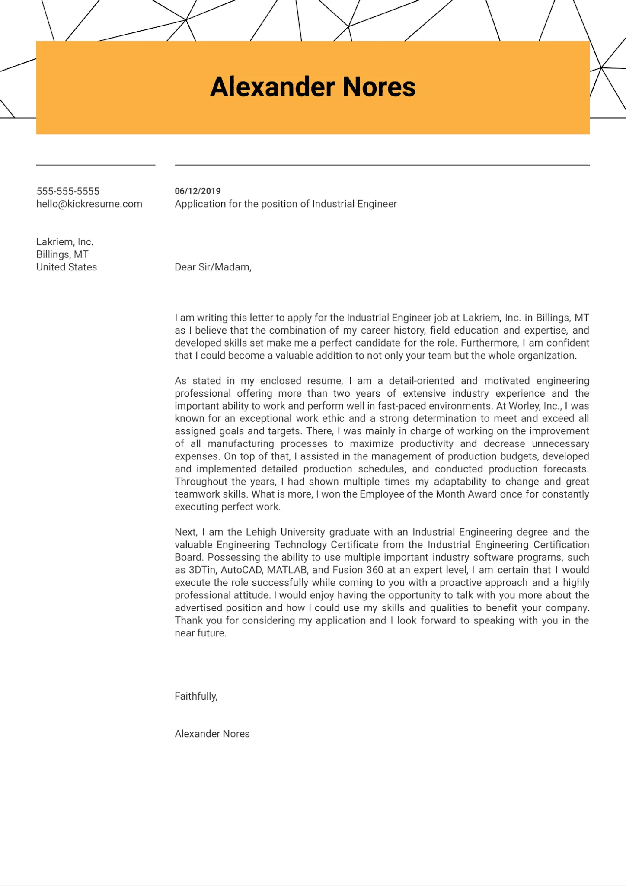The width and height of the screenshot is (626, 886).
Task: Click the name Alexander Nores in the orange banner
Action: tap(313, 87)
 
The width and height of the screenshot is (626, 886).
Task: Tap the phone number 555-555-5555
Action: tap(68, 191)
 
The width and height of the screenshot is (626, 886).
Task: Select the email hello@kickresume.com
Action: tap(89, 204)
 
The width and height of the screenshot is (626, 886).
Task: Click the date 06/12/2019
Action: tap(198, 191)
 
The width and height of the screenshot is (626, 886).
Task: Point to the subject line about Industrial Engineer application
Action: tap(285, 204)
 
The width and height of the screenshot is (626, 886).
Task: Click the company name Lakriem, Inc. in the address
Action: tap(65, 242)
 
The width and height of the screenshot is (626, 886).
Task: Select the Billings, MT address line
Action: tap(62, 254)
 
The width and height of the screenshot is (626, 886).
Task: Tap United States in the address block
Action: tap(67, 267)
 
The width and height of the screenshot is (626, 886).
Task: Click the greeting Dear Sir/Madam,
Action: tap(213, 267)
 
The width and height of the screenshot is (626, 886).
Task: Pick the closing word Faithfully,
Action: tap(196, 696)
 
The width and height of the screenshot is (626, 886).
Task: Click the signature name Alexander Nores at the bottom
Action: tap(212, 734)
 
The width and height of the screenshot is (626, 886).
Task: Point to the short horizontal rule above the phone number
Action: tap(96, 165)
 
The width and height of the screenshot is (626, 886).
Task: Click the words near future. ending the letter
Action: tap(201, 633)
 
